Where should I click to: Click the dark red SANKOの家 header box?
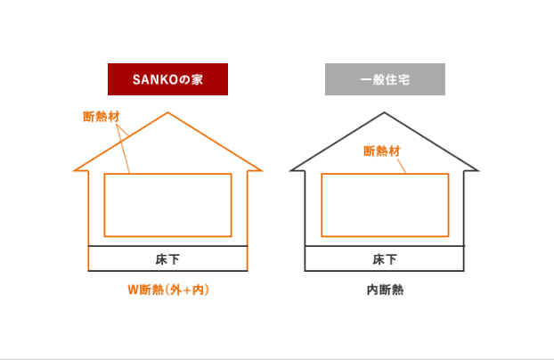(167, 79)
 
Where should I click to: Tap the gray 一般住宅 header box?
(385, 79)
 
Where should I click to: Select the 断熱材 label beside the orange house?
(102, 117)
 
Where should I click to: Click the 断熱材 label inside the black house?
(382, 151)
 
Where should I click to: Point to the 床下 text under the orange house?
(167, 259)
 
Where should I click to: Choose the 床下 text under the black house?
(385, 259)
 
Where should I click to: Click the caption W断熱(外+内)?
(168, 290)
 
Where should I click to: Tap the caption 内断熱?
(385, 290)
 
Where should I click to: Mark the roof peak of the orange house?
(167, 113)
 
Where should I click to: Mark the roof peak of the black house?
(385, 113)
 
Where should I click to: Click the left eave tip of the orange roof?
(74, 171)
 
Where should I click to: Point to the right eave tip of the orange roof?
(262, 171)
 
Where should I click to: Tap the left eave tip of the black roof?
(290, 171)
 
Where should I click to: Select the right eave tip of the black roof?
(478, 171)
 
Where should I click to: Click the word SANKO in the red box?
(155, 79)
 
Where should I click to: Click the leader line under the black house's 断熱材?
(402, 166)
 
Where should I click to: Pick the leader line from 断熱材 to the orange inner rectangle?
(123, 149)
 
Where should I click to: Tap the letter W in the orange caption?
(133, 290)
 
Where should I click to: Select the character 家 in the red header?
(197, 79)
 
